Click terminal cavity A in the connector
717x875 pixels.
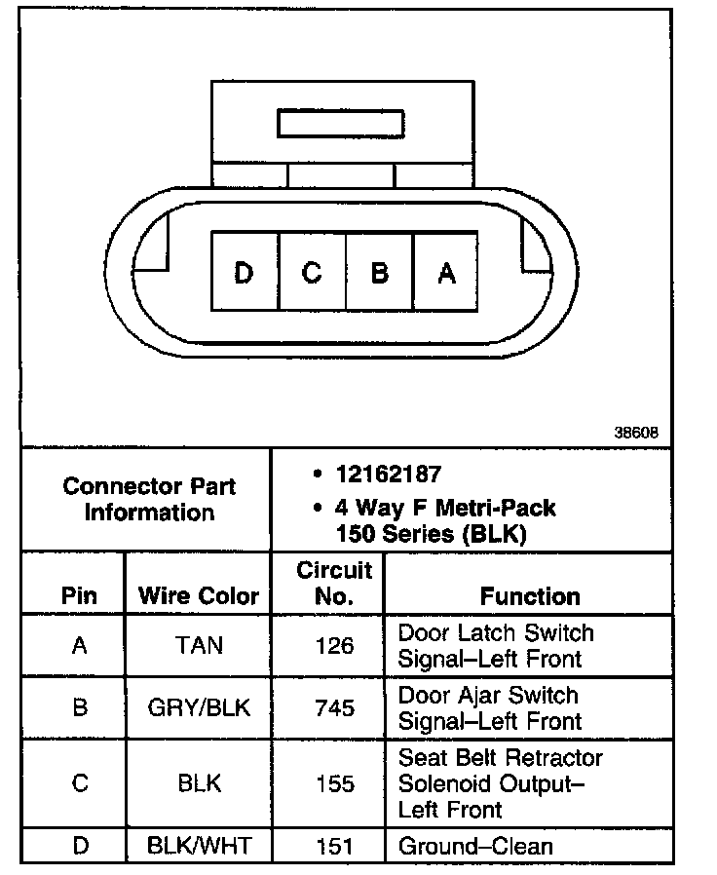pos(446,273)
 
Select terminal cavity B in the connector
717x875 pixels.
pos(379,273)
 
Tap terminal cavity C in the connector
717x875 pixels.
pos(312,273)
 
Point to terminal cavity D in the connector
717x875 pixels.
pos(244,273)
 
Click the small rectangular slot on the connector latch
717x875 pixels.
pos(340,124)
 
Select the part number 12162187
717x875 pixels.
pos(389,475)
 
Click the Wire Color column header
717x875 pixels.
pos(199,595)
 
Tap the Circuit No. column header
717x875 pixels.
pos(334,583)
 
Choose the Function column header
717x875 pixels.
pos(530,595)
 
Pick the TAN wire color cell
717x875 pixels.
pos(199,645)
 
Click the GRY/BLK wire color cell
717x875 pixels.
pos(199,707)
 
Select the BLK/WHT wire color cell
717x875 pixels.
pos(199,846)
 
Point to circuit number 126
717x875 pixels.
pos(334,645)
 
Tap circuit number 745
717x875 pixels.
pos(334,707)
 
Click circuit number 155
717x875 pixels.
pos(334,783)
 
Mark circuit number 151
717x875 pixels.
pos(334,846)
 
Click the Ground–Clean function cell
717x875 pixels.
pos(475,846)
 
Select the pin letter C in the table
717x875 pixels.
pos(80,783)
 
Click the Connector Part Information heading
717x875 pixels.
pos(149,499)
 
